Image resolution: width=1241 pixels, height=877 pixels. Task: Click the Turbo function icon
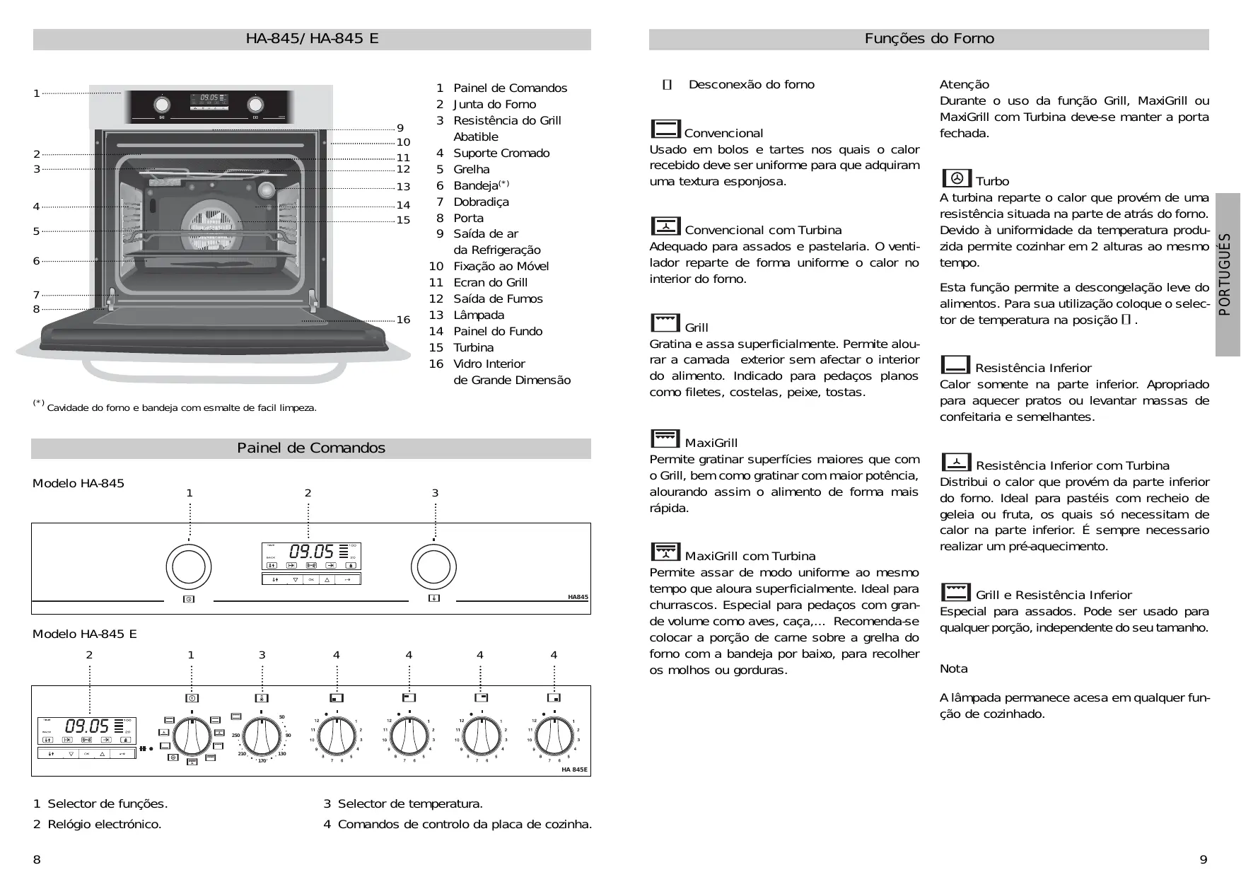click(956, 178)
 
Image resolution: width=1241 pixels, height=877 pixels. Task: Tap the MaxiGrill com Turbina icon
click(665, 552)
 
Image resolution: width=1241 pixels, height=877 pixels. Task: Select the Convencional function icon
click(665, 129)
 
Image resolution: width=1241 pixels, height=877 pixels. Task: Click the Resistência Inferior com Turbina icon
click(956, 462)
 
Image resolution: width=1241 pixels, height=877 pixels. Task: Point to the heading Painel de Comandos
click(311, 448)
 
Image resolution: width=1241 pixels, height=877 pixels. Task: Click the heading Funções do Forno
click(928, 39)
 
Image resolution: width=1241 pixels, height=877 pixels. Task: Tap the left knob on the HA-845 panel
click(189, 567)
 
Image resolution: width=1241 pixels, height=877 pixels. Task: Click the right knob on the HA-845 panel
click(434, 567)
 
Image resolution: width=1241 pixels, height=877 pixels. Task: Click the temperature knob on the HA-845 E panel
click(262, 736)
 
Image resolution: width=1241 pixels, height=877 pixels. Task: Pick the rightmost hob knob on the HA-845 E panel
click(554, 736)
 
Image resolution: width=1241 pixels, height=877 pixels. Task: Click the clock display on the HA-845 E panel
click(87, 726)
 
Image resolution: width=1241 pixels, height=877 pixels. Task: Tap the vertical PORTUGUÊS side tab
click(1227, 274)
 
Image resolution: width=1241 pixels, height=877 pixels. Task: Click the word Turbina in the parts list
click(473, 347)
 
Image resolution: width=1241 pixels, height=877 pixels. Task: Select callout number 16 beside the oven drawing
click(403, 320)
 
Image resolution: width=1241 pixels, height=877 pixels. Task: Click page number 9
click(1204, 860)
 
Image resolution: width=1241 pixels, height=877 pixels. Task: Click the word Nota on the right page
click(953, 669)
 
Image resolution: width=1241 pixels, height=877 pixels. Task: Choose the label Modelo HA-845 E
click(85, 634)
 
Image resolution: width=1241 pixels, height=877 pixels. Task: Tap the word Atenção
click(964, 85)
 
